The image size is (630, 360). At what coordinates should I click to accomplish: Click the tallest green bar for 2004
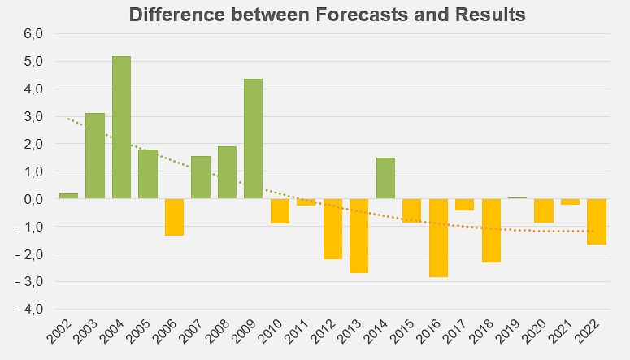point(121,127)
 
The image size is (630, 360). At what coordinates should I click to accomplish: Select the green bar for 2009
point(253,138)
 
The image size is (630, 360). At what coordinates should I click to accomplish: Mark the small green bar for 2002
point(68,196)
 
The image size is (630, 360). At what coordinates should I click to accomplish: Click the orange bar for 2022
point(597,222)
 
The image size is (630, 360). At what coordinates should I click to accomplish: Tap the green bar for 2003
point(95,155)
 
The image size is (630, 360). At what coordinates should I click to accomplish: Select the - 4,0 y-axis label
point(27,310)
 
